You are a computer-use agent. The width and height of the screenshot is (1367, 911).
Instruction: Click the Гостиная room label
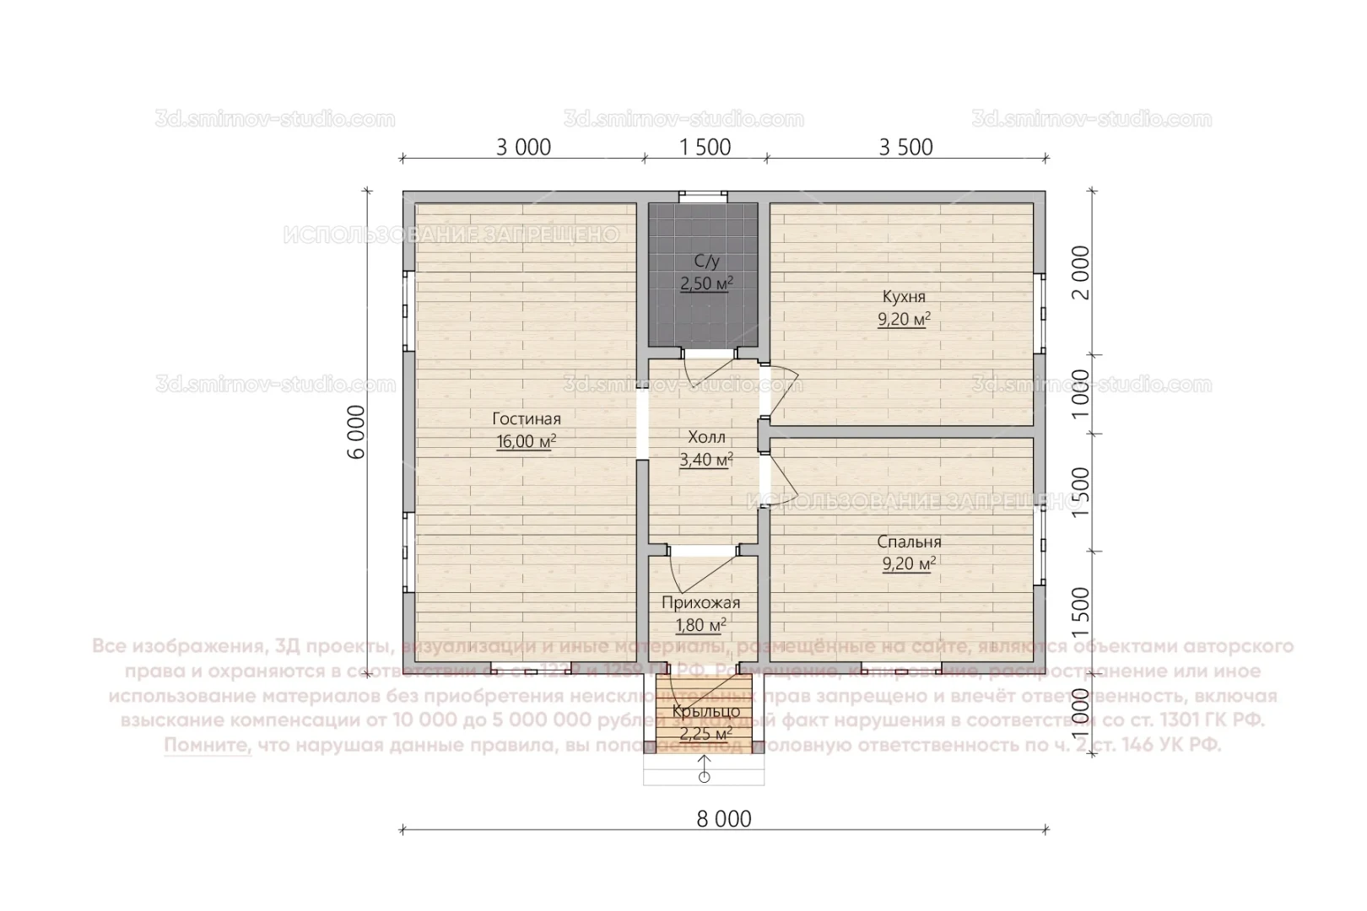pyautogui.click(x=527, y=418)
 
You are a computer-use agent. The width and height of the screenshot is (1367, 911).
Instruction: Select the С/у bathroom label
pyautogui.click(x=706, y=261)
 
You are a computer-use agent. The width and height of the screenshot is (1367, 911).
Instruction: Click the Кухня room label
pyautogui.click(x=904, y=297)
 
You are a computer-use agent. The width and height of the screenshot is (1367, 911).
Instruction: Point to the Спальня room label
pyautogui.click(x=909, y=542)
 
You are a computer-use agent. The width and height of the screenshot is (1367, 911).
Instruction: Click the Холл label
pyautogui.click(x=706, y=437)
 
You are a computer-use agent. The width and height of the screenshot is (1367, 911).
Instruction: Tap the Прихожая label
pyautogui.click(x=700, y=602)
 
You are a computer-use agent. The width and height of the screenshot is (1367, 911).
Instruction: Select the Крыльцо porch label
pyautogui.click(x=705, y=711)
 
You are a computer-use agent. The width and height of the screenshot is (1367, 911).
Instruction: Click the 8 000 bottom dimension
pyautogui.click(x=724, y=818)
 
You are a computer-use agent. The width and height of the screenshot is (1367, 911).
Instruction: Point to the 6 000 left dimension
pyautogui.click(x=357, y=431)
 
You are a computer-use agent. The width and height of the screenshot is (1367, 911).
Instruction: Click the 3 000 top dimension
pyautogui.click(x=523, y=148)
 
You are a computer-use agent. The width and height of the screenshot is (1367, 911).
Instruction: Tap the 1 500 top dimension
pyautogui.click(x=705, y=148)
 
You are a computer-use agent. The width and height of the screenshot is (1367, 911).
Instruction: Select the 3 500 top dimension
pyautogui.click(x=905, y=148)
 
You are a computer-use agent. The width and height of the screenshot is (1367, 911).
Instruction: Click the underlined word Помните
pyautogui.click(x=208, y=746)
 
